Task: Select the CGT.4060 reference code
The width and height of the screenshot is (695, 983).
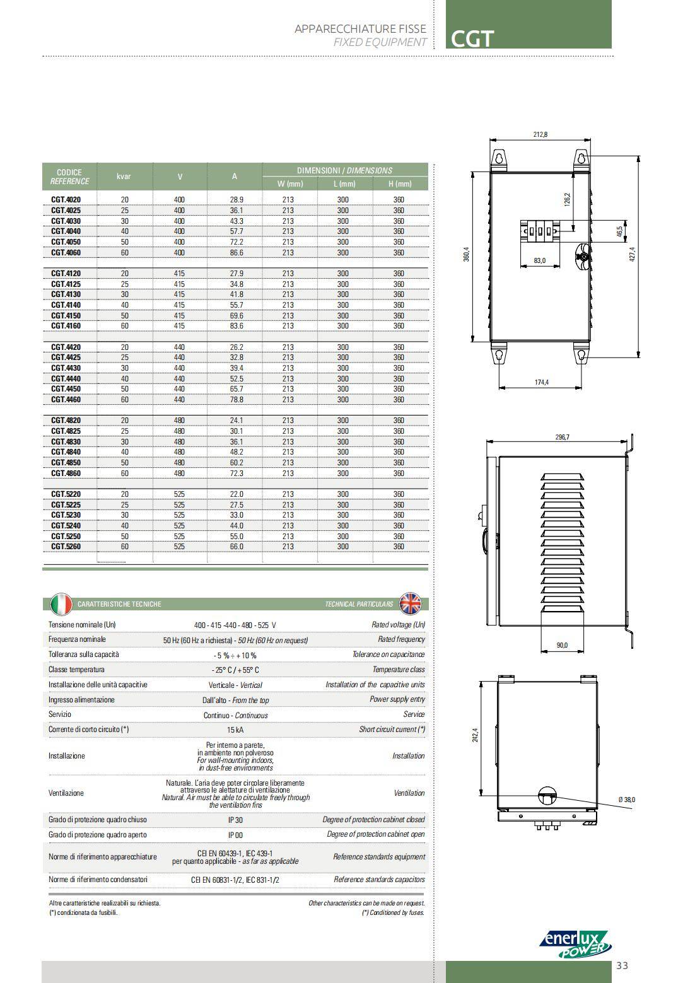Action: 66,253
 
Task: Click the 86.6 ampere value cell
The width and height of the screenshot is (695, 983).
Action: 237,253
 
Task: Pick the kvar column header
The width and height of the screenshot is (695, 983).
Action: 124,177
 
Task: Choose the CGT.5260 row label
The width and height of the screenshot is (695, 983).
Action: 66,547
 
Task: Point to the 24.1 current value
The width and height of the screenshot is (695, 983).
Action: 237,421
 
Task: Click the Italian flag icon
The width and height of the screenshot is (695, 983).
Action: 61,604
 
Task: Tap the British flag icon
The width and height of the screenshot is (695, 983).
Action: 411,604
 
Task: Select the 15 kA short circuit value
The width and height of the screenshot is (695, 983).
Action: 235,730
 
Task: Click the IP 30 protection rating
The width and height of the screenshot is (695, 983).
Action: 235,820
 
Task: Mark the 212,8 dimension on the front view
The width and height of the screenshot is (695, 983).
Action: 540,134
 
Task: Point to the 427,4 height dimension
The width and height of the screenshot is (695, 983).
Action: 633,257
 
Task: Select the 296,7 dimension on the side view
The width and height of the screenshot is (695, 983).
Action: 562,437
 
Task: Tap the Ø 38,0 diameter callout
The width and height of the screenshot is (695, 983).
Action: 627,800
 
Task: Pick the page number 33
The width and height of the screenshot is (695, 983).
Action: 622,965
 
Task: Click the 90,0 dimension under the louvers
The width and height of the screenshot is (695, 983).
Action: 562,645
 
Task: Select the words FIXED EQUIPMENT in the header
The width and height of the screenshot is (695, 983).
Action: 380,42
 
